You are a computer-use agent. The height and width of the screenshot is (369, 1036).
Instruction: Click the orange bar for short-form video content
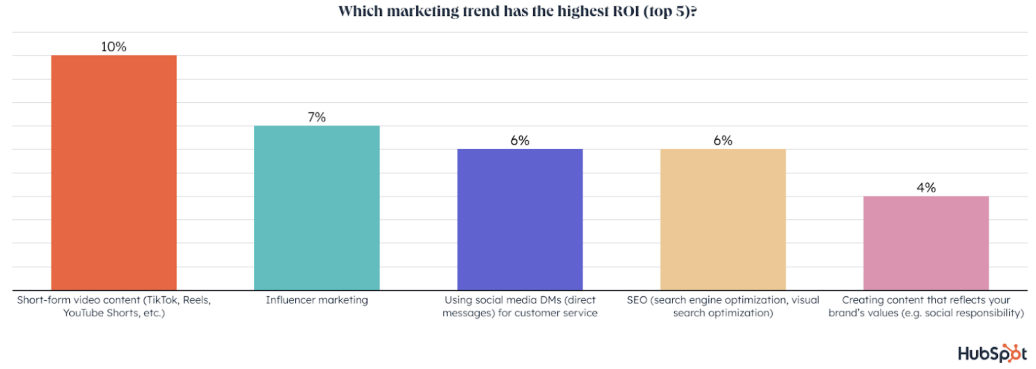[x=114, y=172]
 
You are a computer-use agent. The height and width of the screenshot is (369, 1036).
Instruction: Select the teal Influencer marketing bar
[x=317, y=208]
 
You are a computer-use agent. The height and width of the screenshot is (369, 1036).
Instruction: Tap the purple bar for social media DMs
[x=520, y=219]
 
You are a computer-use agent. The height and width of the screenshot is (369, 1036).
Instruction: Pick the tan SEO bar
[x=723, y=219]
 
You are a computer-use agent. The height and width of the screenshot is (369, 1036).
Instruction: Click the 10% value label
[x=114, y=47]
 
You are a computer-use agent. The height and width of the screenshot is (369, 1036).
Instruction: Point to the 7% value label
[x=317, y=117]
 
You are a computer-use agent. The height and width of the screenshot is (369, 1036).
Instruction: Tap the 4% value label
[x=926, y=188]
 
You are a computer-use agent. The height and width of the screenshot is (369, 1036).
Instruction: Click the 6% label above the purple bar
[x=520, y=141]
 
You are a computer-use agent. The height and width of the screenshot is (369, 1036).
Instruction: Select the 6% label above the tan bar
[x=723, y=141]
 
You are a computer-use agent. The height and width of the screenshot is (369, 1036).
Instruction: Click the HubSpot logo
[x=992, y=354]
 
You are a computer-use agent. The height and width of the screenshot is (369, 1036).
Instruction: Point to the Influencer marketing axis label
[x=317, y=300]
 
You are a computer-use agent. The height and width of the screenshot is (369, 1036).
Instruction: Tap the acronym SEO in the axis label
[x=637, y=300]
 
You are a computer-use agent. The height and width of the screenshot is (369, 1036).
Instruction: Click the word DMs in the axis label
[x=548, y=300]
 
